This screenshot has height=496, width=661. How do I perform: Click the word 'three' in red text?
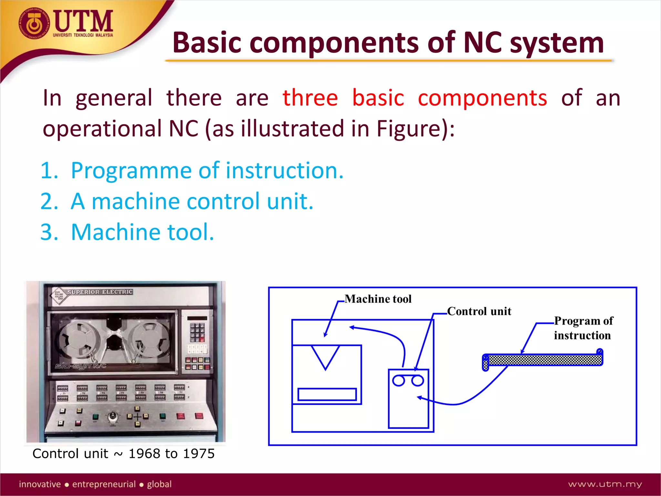[310, 98]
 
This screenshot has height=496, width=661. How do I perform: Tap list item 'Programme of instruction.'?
[207, 170]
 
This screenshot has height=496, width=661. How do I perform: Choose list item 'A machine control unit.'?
[192, 201]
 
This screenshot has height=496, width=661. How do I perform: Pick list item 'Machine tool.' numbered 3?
[142, 232]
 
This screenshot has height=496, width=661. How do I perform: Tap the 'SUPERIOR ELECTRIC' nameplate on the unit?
[100, 292]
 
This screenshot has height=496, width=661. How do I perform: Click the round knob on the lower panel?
[113, 416]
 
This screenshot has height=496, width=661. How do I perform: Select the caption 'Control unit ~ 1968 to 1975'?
[124, 454]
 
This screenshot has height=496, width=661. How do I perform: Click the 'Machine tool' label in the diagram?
[378, 299]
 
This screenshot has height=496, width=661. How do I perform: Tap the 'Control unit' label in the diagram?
[479, 311]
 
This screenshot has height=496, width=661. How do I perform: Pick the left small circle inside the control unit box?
[399, 381]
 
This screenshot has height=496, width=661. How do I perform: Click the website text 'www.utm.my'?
[605, 484]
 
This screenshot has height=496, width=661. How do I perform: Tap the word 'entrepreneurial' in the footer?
[104, 484]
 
